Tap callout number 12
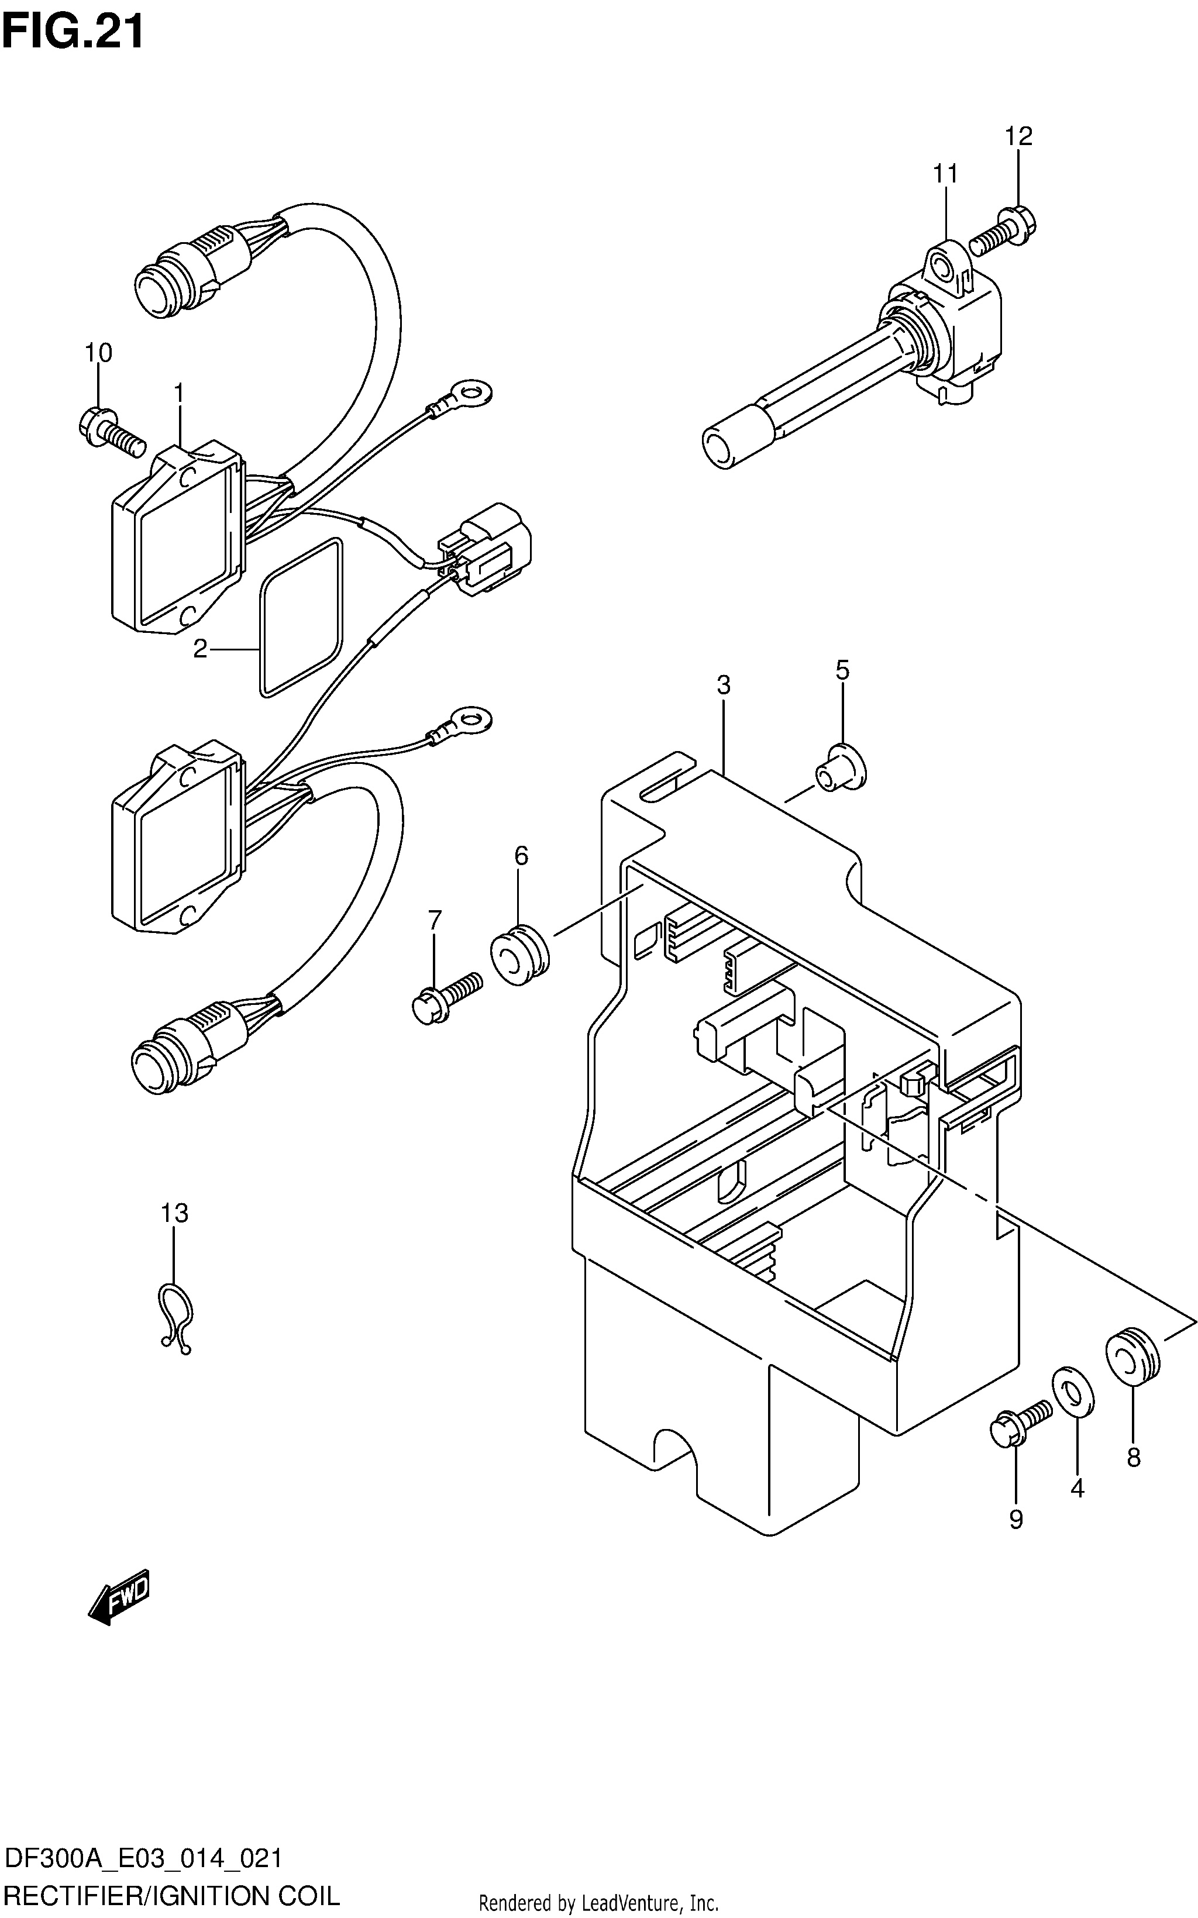(1019, 136)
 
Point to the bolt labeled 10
(112, 430)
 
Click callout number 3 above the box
(724, 684)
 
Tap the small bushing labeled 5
(841, 766)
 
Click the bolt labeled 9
(1021, 1423)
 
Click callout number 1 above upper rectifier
(179, 393)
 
